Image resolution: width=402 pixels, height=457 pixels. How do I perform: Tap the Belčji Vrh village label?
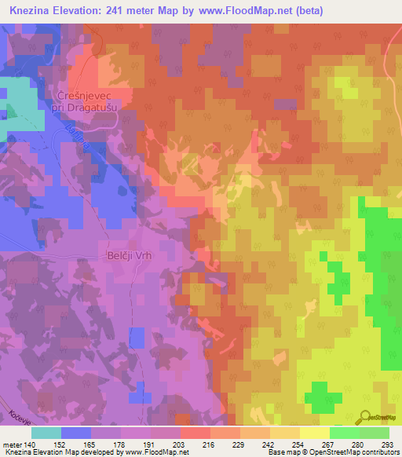[126, 255]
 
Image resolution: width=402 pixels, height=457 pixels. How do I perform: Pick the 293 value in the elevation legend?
[386, 444]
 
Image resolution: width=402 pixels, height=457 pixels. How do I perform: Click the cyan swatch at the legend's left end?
[46, 432]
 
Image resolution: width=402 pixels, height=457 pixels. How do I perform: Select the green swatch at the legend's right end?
[374, 432]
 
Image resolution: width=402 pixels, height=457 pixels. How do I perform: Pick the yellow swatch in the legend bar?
[314, 432]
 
